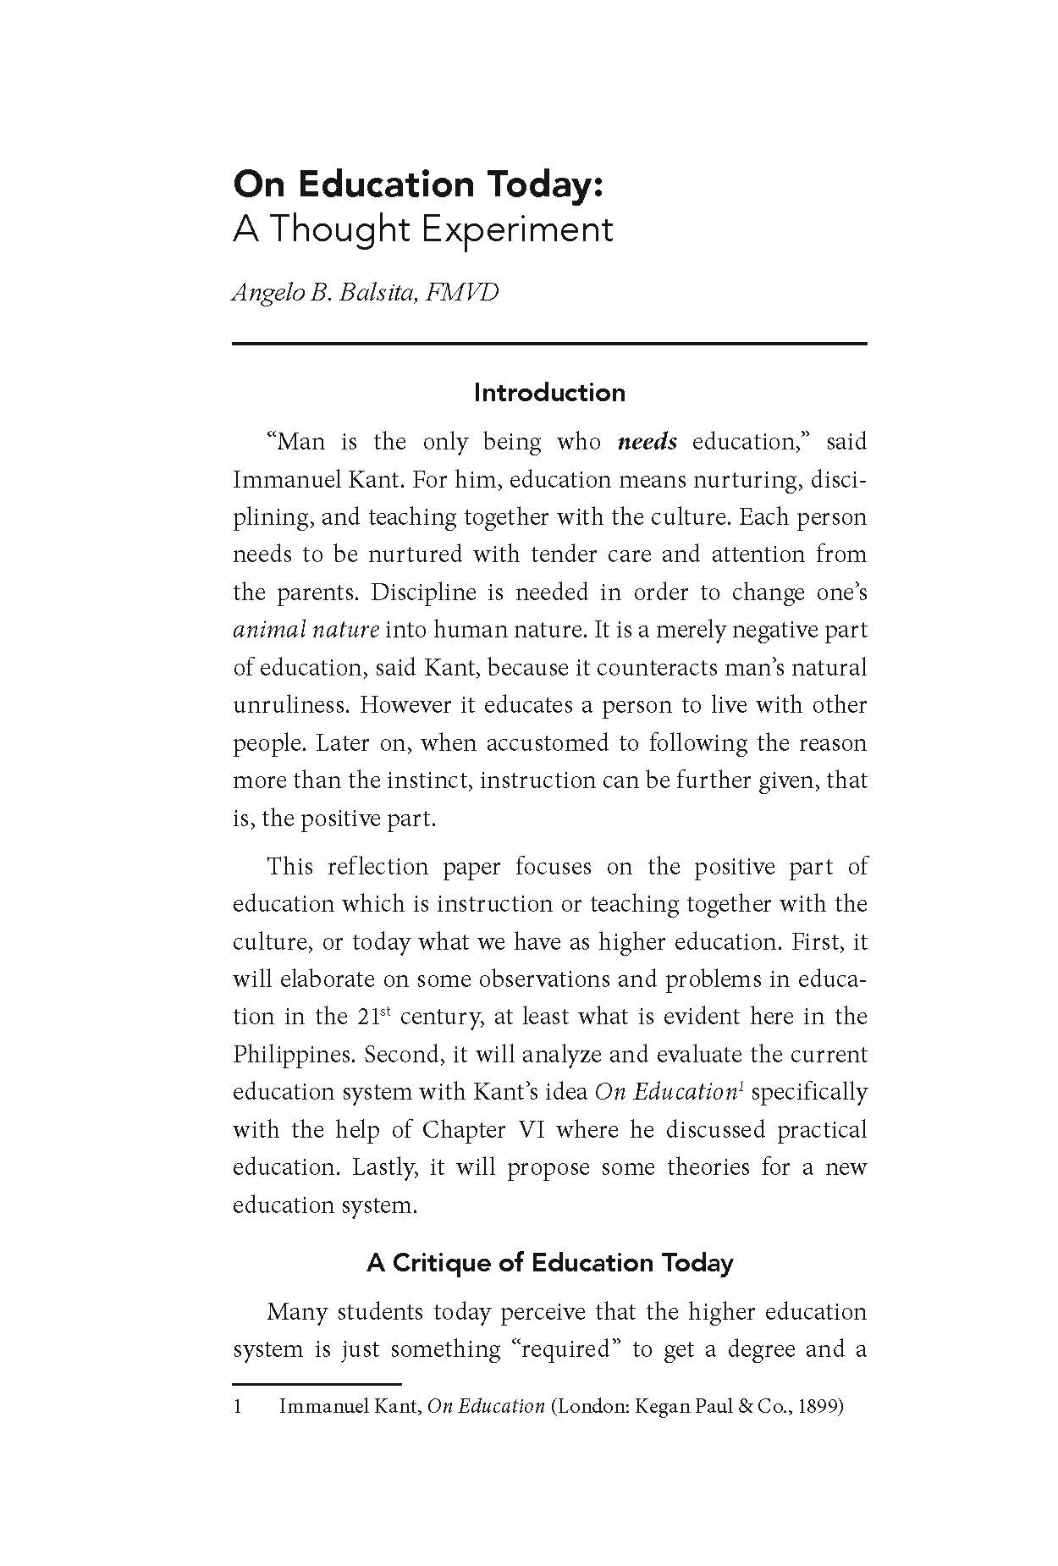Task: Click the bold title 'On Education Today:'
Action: point(418,184)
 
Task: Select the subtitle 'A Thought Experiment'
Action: point(422,229)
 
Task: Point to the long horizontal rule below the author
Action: point(549,343)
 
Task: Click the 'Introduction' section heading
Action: point(549,393)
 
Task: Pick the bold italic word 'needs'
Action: point(647,442)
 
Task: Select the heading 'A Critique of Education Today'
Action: point(549,1263)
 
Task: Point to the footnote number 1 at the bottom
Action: point(238,1407)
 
